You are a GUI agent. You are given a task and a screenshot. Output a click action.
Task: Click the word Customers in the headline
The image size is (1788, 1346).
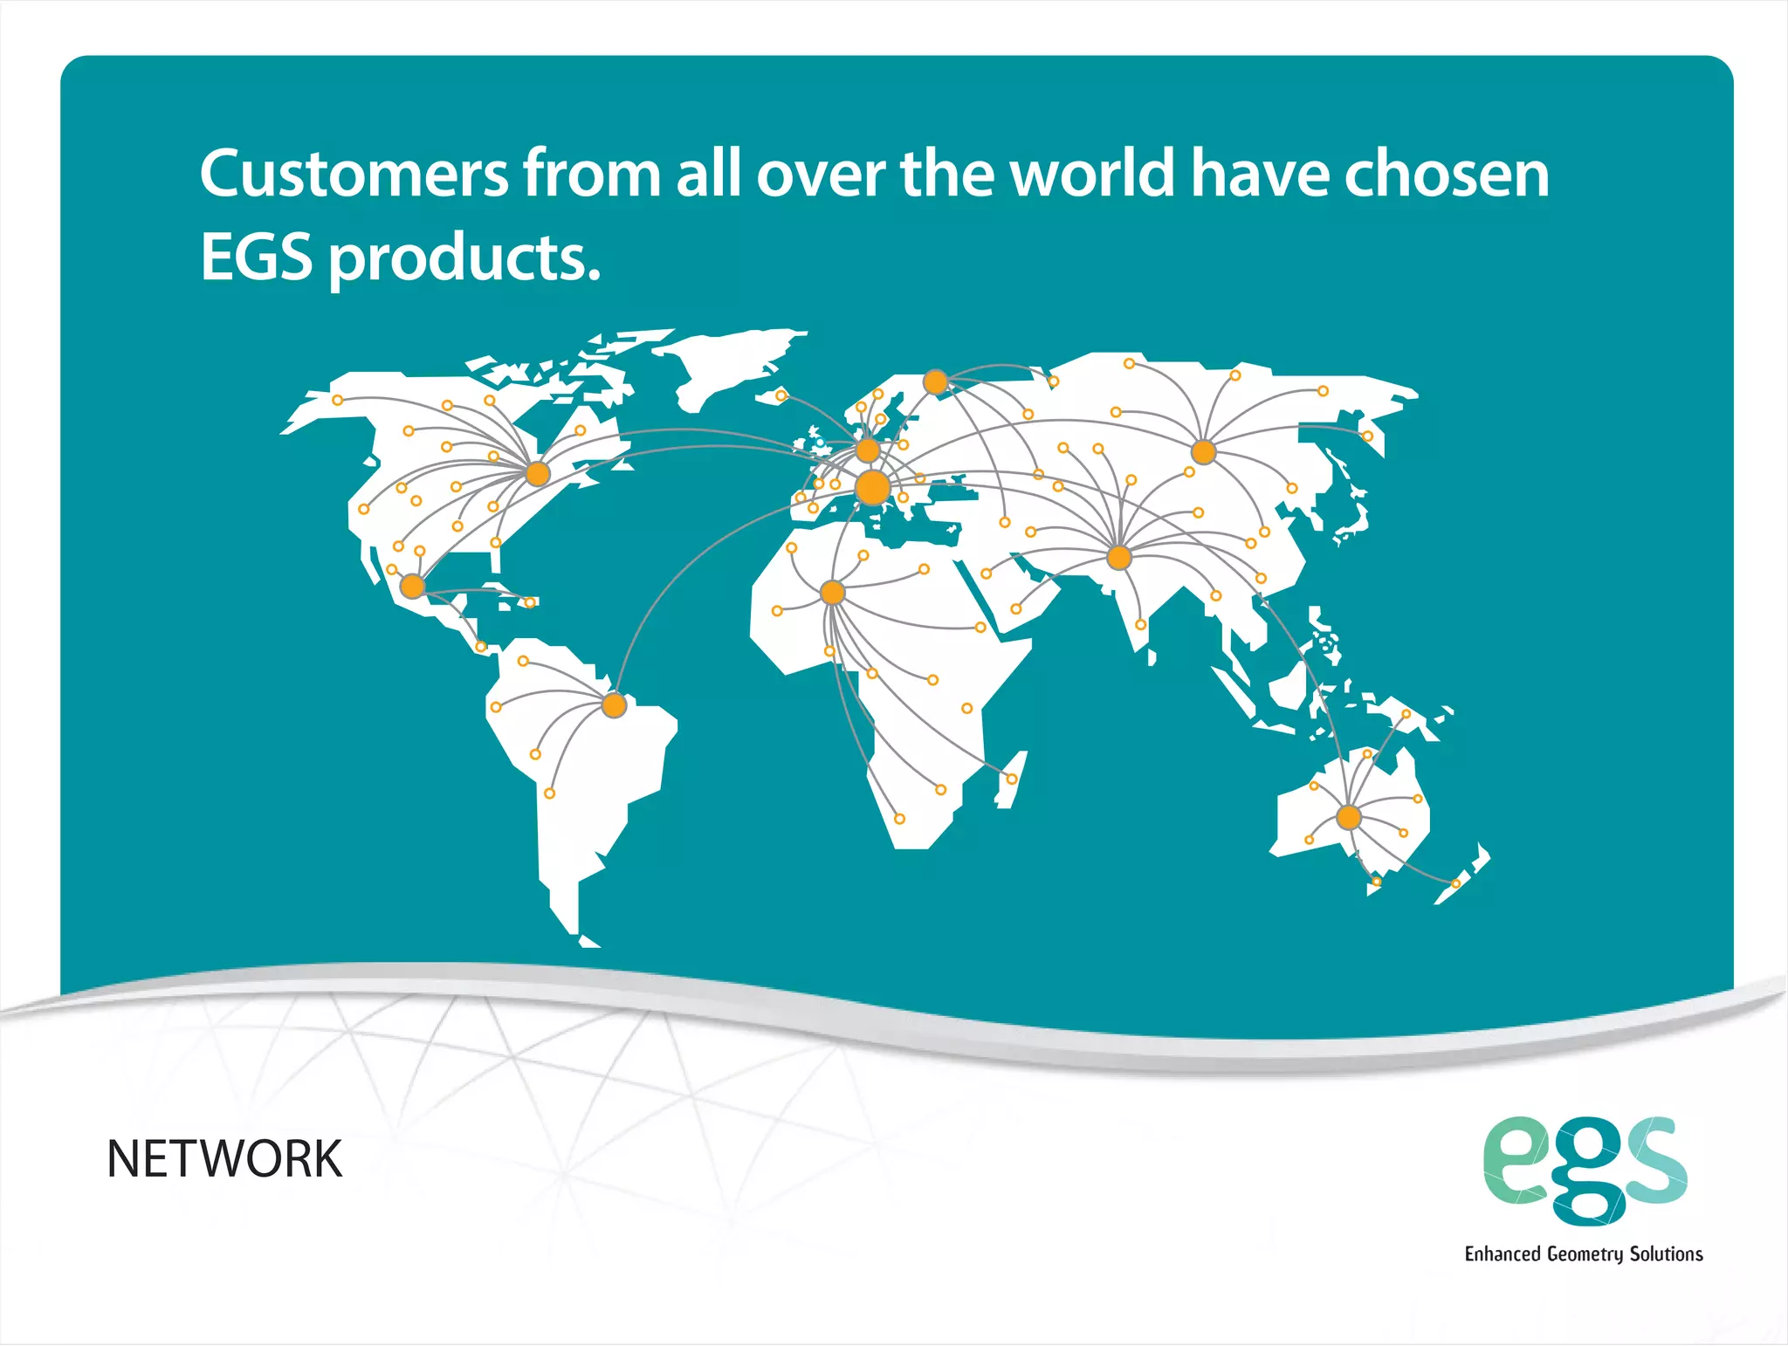tap(354, 174)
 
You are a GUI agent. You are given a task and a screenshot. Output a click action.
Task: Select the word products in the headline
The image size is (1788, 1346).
tap(464, 260)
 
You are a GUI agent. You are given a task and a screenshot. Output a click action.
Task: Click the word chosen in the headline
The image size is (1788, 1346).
tap(1446, 174)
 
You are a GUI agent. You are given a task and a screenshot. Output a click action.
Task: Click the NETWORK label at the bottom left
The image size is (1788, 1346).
tap(224, 1159)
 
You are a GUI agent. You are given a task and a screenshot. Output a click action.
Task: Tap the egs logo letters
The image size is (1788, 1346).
tap(1585, 1170)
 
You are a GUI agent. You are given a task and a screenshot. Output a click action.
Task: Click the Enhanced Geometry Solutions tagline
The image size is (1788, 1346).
tap(1584, 1254)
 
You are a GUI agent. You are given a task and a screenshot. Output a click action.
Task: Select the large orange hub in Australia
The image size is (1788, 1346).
tap(1349, 818)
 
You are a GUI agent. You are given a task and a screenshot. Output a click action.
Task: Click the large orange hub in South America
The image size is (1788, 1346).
tap(615, 705)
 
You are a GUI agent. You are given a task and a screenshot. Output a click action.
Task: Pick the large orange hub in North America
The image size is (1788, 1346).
tap(538, 474)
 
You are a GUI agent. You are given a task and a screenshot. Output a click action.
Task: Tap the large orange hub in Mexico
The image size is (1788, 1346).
tap(412, 586)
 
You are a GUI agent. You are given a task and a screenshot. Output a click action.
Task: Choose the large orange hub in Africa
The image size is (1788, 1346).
tap(833, 594)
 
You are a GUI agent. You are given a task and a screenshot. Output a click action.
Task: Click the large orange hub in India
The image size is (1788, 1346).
tap(1119, 557)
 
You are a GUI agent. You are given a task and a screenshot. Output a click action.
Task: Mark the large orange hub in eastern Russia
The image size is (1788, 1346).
tap(1204, 452)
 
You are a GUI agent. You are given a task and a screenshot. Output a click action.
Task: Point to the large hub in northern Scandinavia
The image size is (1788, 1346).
tap(936, 382)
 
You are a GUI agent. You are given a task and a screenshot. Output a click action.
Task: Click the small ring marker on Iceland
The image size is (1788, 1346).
tap(781, 396)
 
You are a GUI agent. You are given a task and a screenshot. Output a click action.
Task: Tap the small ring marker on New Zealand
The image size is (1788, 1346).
tap(1456, 884)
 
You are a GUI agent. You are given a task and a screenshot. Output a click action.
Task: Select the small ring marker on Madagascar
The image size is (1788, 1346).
tap(1012, 779)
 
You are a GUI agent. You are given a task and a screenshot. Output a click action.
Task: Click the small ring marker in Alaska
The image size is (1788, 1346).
tap(338, 401)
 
